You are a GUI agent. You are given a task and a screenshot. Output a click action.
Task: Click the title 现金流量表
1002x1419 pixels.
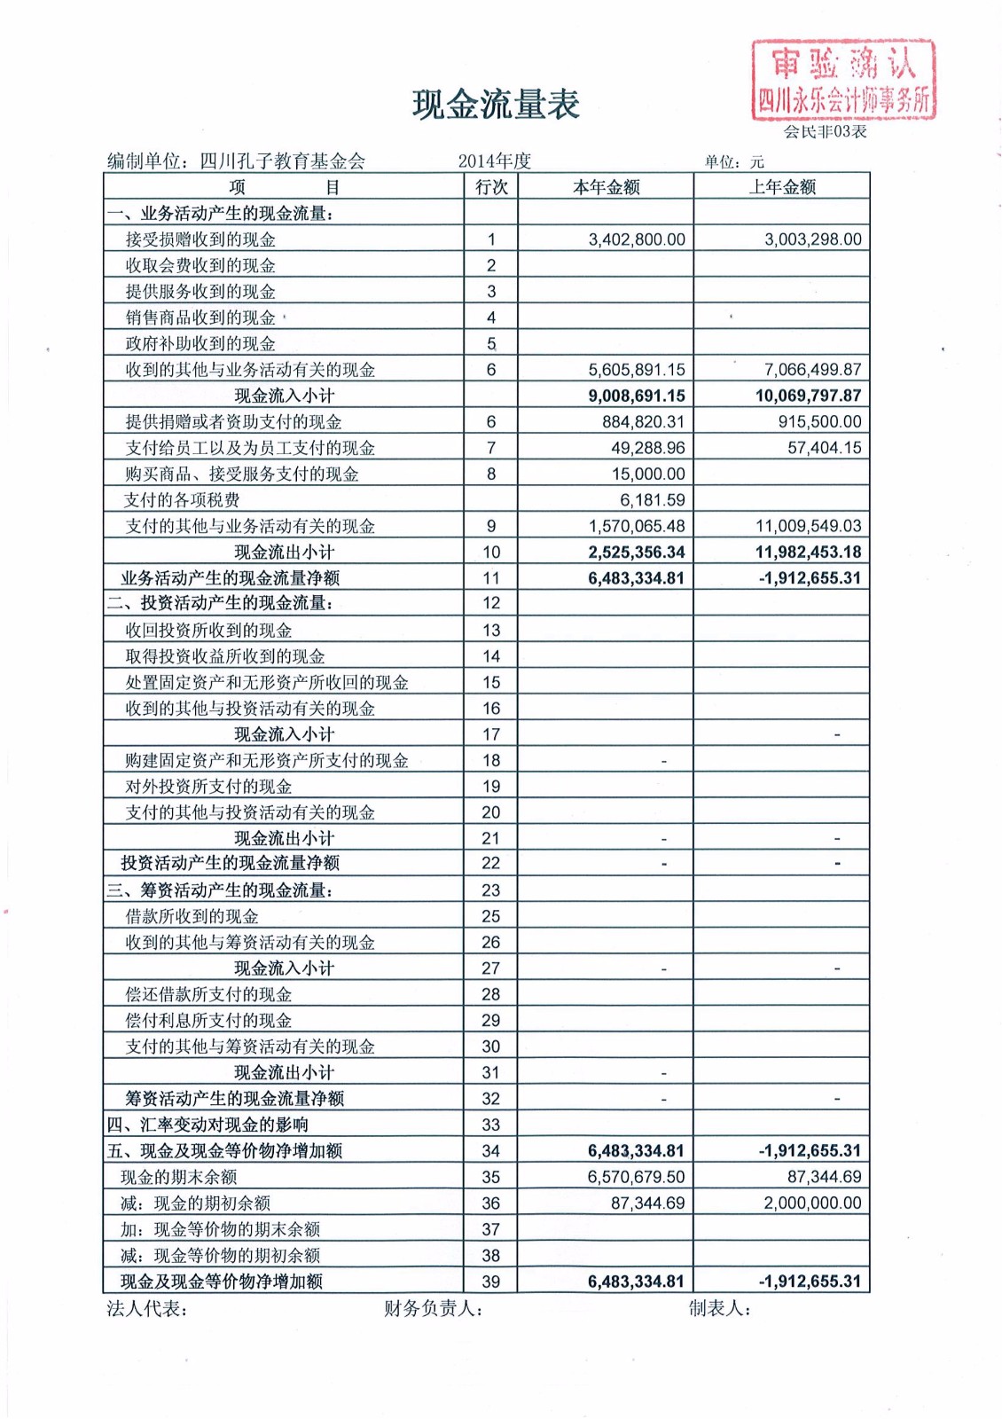(x=496, y=105)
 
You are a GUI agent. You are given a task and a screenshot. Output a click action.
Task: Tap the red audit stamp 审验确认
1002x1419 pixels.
(x=843, y=79)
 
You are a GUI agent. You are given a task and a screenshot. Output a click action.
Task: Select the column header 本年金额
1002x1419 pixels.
(x=606, y=187)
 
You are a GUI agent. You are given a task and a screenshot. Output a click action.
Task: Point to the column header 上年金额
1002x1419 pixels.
(x=781, y=187)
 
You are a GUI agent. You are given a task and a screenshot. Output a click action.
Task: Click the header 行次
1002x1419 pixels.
(x=491, y=187)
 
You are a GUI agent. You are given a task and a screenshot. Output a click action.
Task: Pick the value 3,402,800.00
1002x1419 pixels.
(x=637, y=239)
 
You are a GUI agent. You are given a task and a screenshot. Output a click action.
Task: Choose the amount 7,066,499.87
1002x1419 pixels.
(x=812, y=370)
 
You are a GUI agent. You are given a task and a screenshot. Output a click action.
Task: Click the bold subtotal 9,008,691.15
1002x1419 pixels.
(x=636, y=396)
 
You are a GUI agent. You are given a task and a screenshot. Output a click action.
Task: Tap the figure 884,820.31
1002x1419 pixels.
(x=643, y=422)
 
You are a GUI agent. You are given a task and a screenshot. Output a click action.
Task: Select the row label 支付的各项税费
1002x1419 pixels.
(x=183, y=500)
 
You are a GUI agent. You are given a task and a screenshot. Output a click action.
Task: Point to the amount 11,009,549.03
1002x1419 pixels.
(x=808, y=526)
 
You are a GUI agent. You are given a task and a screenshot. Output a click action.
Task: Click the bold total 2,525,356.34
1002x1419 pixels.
(x=636, y=552)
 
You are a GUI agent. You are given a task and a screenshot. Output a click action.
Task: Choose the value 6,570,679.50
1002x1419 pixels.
(x=636, y=1177)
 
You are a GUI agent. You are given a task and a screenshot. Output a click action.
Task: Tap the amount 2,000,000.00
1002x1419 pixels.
(x=812, y=1203)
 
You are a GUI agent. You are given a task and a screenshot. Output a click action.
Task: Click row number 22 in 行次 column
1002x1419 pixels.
(x=491, y=863)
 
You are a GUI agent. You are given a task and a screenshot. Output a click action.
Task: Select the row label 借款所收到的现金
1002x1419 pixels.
(x=192, y=916)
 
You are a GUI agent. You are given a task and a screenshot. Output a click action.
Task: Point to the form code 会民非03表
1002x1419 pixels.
(x=825, y=132)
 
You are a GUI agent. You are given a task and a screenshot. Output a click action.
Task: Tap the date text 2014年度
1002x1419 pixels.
(x=495, y=161)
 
